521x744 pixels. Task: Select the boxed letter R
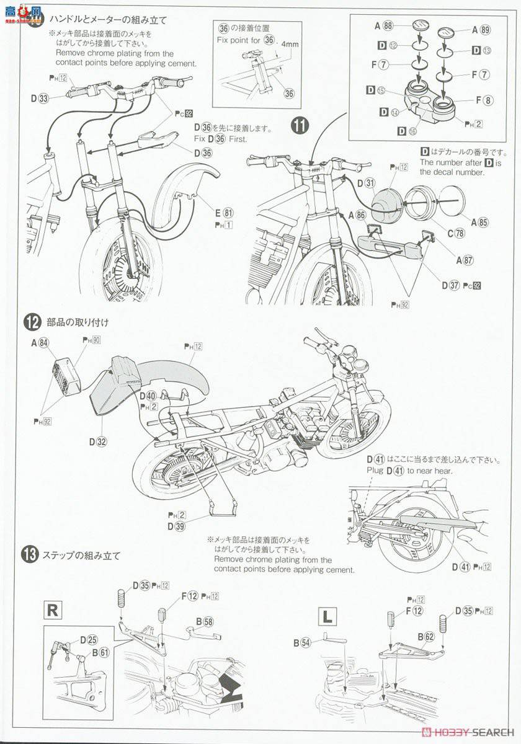pyautogui.click(x=53, y=609)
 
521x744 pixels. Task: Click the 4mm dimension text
pyautogui.click(x=290, y=45)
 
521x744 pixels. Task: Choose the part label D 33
pyautogui.click(x=38, y=97)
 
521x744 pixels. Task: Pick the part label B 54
pyautogui.click(x=302, y=642)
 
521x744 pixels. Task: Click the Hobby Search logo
pyautogui.click(x=463, y=737)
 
